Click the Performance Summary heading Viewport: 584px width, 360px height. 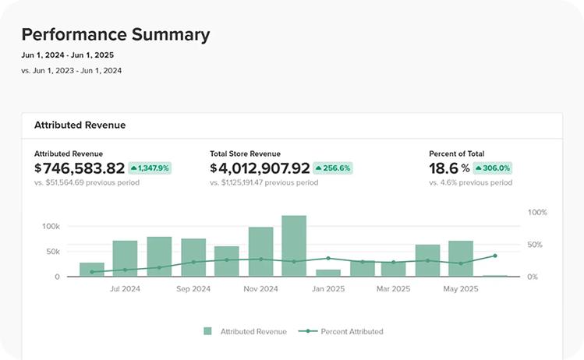[115, 34]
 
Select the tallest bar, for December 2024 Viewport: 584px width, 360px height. [294, 245]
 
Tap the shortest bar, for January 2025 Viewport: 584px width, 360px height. [328, 273]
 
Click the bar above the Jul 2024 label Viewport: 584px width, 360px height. [125, 259]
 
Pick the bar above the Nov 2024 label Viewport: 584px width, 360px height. [260, 252]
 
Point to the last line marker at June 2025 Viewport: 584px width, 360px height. [495, 256]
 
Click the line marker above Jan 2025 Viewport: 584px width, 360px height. [328, 258]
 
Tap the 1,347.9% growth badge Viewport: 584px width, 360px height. [150, 168]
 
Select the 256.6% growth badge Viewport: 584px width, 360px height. [333, 168]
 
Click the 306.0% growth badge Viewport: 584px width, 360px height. [492, 168]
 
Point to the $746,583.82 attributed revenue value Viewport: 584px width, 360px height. [80, 168]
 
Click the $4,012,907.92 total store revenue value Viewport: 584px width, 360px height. [260, 168]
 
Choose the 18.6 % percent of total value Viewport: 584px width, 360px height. [450, 168]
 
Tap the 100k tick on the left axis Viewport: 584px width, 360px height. [51, 226]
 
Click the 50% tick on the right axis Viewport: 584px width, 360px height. [535, 245]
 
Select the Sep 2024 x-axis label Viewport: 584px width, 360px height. [193, 289]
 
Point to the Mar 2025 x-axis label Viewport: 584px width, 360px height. [393, 289]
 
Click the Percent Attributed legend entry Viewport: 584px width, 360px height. [341, 331]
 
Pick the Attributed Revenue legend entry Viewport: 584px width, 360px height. [245, 331]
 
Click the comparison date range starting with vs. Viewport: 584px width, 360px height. [72, 71]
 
